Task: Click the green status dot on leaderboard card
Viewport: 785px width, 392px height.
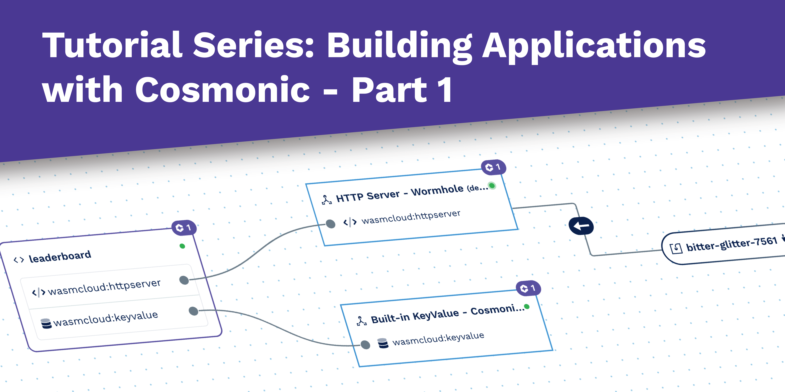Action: pyautogui.click(x=182, y=246)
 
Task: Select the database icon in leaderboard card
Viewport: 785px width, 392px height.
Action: pyautogui.click(x=46, y=324)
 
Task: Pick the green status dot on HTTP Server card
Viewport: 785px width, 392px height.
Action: pyautogui.click(x=492, y=185)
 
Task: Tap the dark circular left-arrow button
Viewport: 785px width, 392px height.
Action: pyautogui.click(x=581, y=226)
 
